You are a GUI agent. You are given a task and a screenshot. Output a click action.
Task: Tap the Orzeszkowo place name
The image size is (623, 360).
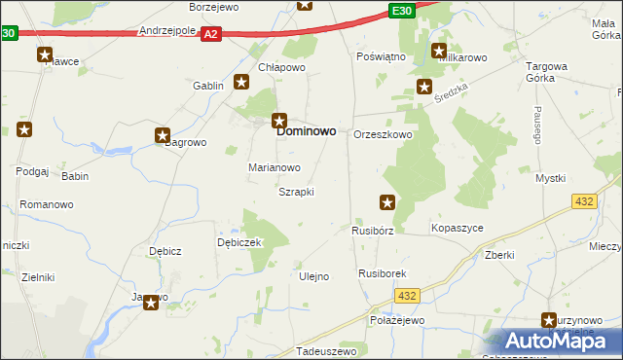(x=383, y=135)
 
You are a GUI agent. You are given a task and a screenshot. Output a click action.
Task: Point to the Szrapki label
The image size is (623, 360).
(x=296, y=192)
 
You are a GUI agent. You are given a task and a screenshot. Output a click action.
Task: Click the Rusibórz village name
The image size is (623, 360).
(x=372, y=232)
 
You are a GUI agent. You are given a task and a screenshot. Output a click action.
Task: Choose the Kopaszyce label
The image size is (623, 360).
(x=457, y=228)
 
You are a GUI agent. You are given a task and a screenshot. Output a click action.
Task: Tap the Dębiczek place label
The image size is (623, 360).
(x=239, y=242)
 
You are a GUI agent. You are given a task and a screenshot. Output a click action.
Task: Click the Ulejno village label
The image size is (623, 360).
(x=312, y=276)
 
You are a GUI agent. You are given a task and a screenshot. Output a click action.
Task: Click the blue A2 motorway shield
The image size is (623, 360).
(x=212, y=34)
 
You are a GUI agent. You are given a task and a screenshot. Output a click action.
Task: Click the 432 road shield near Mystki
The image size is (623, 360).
(x=584, y=200)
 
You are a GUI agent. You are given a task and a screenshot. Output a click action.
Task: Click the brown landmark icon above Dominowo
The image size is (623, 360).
(x=279, y=122)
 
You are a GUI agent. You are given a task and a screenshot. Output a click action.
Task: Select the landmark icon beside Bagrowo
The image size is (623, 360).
(x=163, y=136)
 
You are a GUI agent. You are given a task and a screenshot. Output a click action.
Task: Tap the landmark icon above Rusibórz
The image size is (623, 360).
(x=387, y=202)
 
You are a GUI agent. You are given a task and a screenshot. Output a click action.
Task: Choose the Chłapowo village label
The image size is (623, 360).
(x=282, y=67)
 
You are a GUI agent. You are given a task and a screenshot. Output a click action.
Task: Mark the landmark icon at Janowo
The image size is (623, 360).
(x=152, y=303)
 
